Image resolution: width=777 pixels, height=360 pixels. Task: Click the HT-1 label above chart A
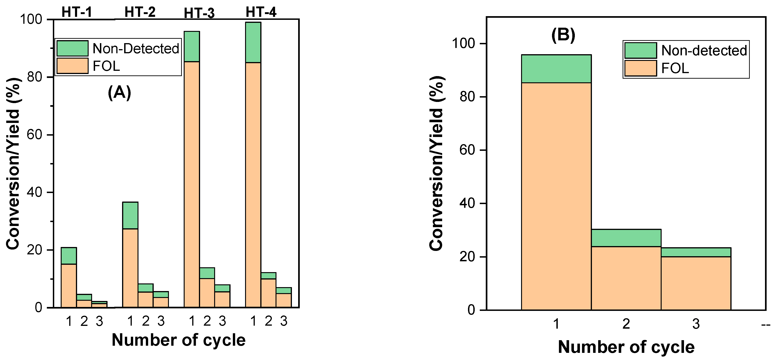point(77,12)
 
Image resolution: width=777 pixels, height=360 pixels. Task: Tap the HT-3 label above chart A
point(199,13)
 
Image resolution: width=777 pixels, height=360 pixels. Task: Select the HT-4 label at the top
point(261,12)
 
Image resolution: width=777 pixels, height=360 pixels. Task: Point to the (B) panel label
point(563,35)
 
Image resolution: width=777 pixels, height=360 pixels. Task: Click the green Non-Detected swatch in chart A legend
point(72,48)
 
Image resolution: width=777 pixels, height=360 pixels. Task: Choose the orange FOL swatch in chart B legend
point(640,68)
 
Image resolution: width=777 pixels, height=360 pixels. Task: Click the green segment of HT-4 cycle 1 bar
point(253,42)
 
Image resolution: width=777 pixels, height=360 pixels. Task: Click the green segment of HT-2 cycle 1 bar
point(130,215)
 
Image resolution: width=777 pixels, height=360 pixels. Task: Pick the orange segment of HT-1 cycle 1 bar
point(69,285)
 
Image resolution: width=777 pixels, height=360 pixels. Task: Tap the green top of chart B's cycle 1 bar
point(556,69)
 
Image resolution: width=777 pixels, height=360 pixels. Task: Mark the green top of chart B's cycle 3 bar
point(696,252)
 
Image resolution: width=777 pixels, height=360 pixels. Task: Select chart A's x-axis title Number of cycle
point(179,340)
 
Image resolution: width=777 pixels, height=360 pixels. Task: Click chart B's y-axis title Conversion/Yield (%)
point(436,163)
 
